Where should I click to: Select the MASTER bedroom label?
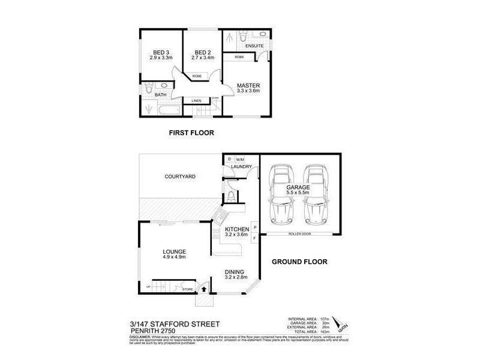coord(247,85)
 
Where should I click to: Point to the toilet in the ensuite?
coord(242,38)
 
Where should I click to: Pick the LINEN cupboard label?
coord(196,101)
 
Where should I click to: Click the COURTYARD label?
coord(181,176)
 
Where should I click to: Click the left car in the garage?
coord(280,193)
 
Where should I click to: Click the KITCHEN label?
coord(236,229)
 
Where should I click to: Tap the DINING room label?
coord(236,272)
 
